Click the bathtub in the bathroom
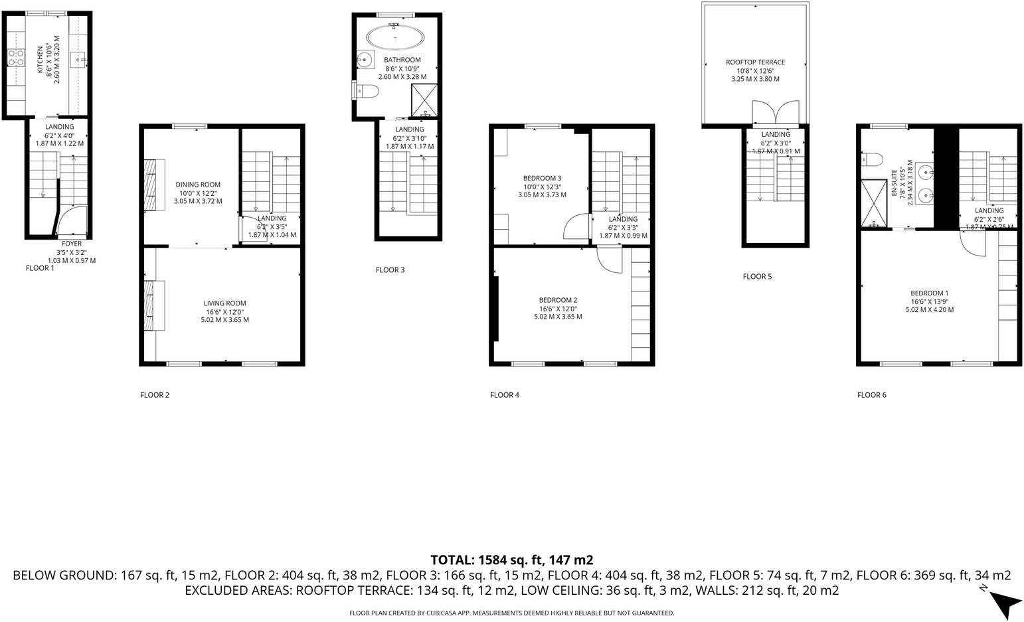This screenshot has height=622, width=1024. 396,37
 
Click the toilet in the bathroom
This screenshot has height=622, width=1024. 365,90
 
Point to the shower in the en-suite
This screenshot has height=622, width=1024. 874,203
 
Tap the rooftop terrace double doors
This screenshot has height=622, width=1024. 776,112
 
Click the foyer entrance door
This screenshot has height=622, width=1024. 72,220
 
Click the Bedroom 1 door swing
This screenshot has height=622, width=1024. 973,244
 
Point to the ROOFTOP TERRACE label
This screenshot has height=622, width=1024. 755,62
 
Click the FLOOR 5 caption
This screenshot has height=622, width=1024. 757,277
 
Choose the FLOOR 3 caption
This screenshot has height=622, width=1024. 390,270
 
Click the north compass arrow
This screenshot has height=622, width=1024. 1005,603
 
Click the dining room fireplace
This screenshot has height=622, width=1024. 155,185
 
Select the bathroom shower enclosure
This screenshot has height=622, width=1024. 424,99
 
